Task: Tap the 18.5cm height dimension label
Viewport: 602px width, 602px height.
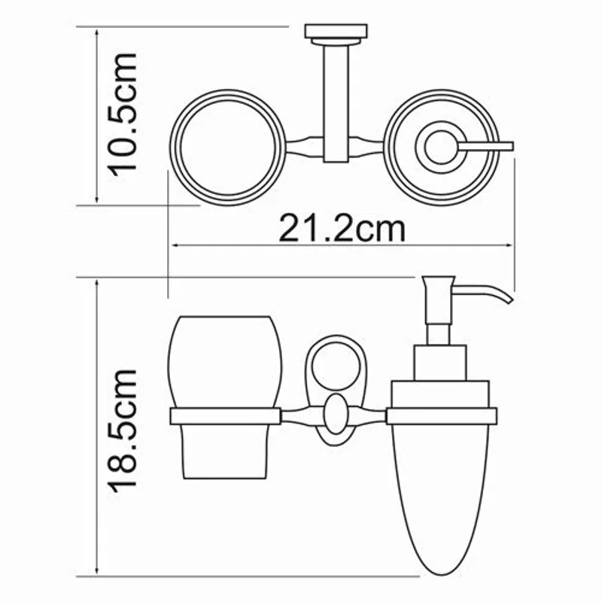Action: click(121, 429)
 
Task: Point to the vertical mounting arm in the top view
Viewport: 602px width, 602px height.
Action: click(336, 98)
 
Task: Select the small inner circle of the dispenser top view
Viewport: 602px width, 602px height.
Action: click(437, 146)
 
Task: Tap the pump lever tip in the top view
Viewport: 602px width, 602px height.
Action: click(506, 144)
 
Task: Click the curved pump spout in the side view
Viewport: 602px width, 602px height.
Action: click(489, 290)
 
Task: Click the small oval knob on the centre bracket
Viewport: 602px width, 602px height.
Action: click(336, 415)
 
